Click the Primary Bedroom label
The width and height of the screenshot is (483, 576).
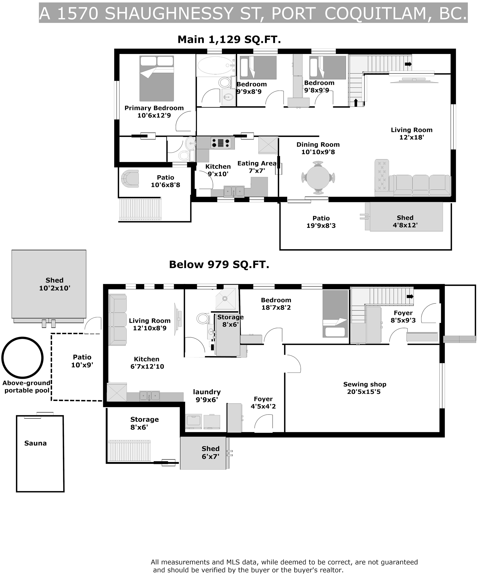tap(154, 112)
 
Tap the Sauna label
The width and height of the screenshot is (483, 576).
tap(35, 443)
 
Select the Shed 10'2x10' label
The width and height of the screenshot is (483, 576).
tap(54, 284)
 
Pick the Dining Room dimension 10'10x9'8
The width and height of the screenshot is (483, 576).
tap(318, 152)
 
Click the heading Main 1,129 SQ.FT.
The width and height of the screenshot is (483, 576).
tap(229, 39)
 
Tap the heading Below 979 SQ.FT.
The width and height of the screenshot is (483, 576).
tap(219, 264)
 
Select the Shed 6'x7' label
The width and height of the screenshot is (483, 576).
tap(211, 452)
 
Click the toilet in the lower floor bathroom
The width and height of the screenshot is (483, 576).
tap(203, 318)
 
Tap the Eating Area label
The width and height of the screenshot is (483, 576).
tap(257, 163)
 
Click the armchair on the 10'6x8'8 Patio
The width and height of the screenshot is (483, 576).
tap(130, 178)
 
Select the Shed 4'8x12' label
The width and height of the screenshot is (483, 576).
tap(405, 221)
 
